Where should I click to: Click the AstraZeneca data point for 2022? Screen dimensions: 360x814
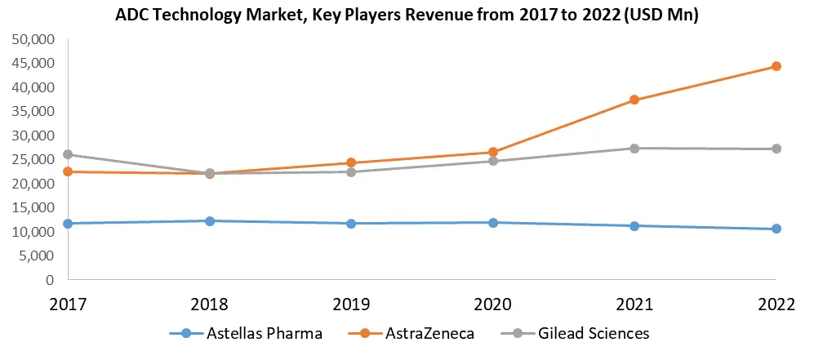pyautogui.click(x=776, y=66)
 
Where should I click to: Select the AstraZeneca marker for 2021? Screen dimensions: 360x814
pyautogui.click(x=634, y=100)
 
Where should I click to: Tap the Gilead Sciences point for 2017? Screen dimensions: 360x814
pyautogui.click(x=68, y=154)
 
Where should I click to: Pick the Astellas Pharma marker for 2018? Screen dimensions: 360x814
pyautogui.click(x=210, y=220)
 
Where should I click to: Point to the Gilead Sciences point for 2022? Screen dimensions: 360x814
pyautogui.click(x=776, y=149)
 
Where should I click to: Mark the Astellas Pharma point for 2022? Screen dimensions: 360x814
pyautogui.click(x=776, y=229)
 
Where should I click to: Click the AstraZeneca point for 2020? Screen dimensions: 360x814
pyautogui.click(x=493, y=152)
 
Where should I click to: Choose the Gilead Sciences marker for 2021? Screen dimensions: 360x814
pyautogui.click(x=634, y=148)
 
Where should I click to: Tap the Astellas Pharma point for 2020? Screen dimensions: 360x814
pyautogui.click(x=493, y=222)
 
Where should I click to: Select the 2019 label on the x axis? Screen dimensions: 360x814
pyautogui.click(x=351, y=304)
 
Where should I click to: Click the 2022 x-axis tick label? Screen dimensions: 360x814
pyautogui.click(x=776, y=304)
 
